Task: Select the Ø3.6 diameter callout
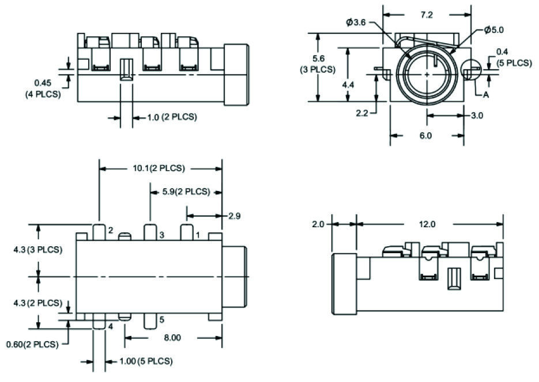(356, 22)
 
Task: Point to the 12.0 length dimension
(427, 224)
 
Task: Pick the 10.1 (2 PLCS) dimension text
(156, 169)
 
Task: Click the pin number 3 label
(162, 235)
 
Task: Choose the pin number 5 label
(161, 320)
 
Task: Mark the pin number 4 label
(110, 327)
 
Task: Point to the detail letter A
(485, 96)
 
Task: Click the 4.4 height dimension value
(348, 85)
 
